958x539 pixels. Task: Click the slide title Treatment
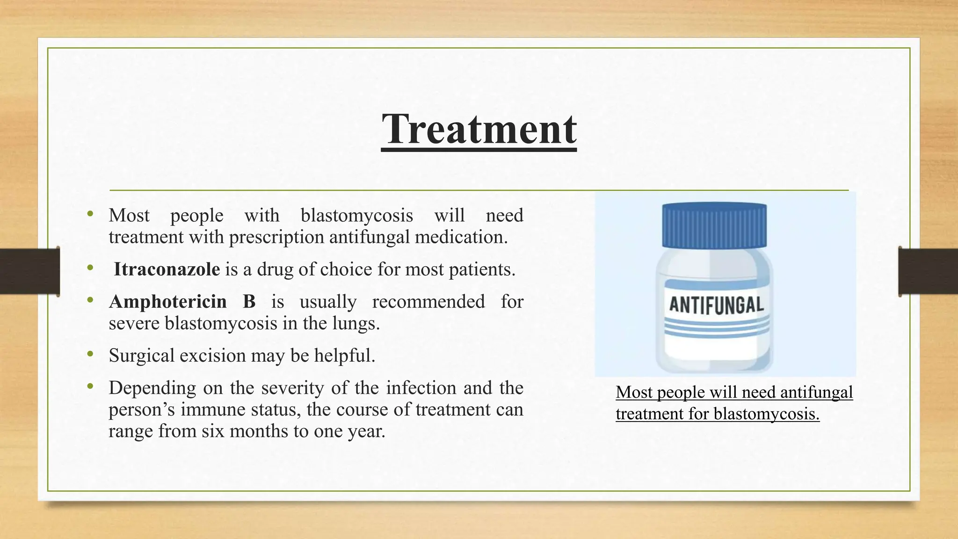(x=479, y=129)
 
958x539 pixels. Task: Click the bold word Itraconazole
(x=167, y=269)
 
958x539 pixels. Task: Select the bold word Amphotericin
(x=167, y=302)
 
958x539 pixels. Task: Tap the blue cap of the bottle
(x=714, y=225)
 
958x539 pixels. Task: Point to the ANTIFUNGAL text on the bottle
(x=716, y=305)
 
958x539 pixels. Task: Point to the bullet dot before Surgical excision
(x=90, y=354)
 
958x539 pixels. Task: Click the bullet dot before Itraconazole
(x=90, y=268)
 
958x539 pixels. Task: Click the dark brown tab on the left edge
(x=29, y=271)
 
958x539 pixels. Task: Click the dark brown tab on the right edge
(x=928, y=271)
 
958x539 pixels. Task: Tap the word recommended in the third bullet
(x=428, y=302)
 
